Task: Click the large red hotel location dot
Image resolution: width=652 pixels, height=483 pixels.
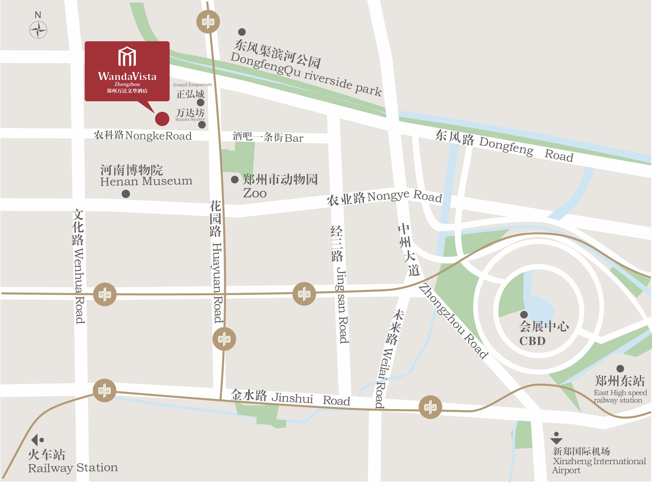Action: pos(162,119)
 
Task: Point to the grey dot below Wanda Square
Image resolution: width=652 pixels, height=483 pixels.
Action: pos(202,125)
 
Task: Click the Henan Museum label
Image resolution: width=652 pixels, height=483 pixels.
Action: pos(146,181)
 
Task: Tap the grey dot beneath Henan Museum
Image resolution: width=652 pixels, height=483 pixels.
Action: pos(126,194)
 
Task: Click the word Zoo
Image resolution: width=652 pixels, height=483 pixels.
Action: pos(254,193)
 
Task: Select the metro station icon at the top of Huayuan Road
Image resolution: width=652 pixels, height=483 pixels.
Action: pos(208,22)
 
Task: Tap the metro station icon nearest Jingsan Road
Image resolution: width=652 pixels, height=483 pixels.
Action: pos(304,294)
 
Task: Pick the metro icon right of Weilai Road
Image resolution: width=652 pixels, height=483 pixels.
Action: pos(430,407)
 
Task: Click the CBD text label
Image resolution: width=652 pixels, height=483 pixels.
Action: pos(532,341)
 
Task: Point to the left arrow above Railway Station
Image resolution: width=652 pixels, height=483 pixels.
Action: pos(35,439)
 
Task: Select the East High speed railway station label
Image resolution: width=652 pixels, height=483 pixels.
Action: pos(620,396)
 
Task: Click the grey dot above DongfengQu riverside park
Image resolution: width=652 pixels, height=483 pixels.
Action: pos(242,32)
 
